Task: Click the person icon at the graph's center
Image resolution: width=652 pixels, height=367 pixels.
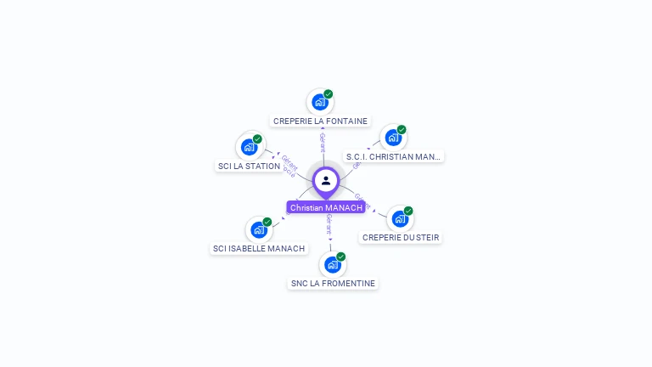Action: pos(326,180)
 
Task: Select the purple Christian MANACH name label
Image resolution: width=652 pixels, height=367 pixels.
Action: pos(326,207)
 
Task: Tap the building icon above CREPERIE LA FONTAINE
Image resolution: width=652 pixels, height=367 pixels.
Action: pos(319,103)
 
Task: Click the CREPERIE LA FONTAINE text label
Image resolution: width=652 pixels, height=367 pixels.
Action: pos(320,121)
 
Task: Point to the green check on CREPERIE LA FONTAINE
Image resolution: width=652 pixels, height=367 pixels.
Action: pos(329,94)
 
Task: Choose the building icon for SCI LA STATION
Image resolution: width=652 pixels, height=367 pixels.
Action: pos(249,147)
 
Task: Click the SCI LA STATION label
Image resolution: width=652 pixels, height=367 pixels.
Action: pos(249,167)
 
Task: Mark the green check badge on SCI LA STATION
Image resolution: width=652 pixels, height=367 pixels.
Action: pos(257,139)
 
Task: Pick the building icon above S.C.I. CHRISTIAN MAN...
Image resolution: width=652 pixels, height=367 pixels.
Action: pos(392,138)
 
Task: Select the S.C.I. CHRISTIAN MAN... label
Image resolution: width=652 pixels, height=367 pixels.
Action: pos(393,157)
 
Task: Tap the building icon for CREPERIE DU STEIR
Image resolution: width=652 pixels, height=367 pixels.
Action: pos(399,219)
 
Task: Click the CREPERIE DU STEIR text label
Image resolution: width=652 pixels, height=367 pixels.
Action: pos(401,238)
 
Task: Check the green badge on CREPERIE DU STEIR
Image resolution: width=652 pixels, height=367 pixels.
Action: pos(408,211)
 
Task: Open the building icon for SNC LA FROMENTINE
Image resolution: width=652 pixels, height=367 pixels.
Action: pos(332,264)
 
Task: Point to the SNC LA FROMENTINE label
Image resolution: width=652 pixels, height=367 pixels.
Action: pos(332,284)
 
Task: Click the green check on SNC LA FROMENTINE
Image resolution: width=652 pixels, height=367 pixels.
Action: pos(341,257)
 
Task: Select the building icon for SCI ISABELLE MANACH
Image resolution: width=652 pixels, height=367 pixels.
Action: pos(258,230)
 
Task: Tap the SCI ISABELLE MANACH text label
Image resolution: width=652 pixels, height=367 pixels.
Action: pos(259,249)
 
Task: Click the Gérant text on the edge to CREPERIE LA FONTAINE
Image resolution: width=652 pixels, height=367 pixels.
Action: pos(323,142)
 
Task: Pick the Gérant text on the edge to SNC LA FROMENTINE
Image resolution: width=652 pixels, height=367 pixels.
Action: pos(329,225)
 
